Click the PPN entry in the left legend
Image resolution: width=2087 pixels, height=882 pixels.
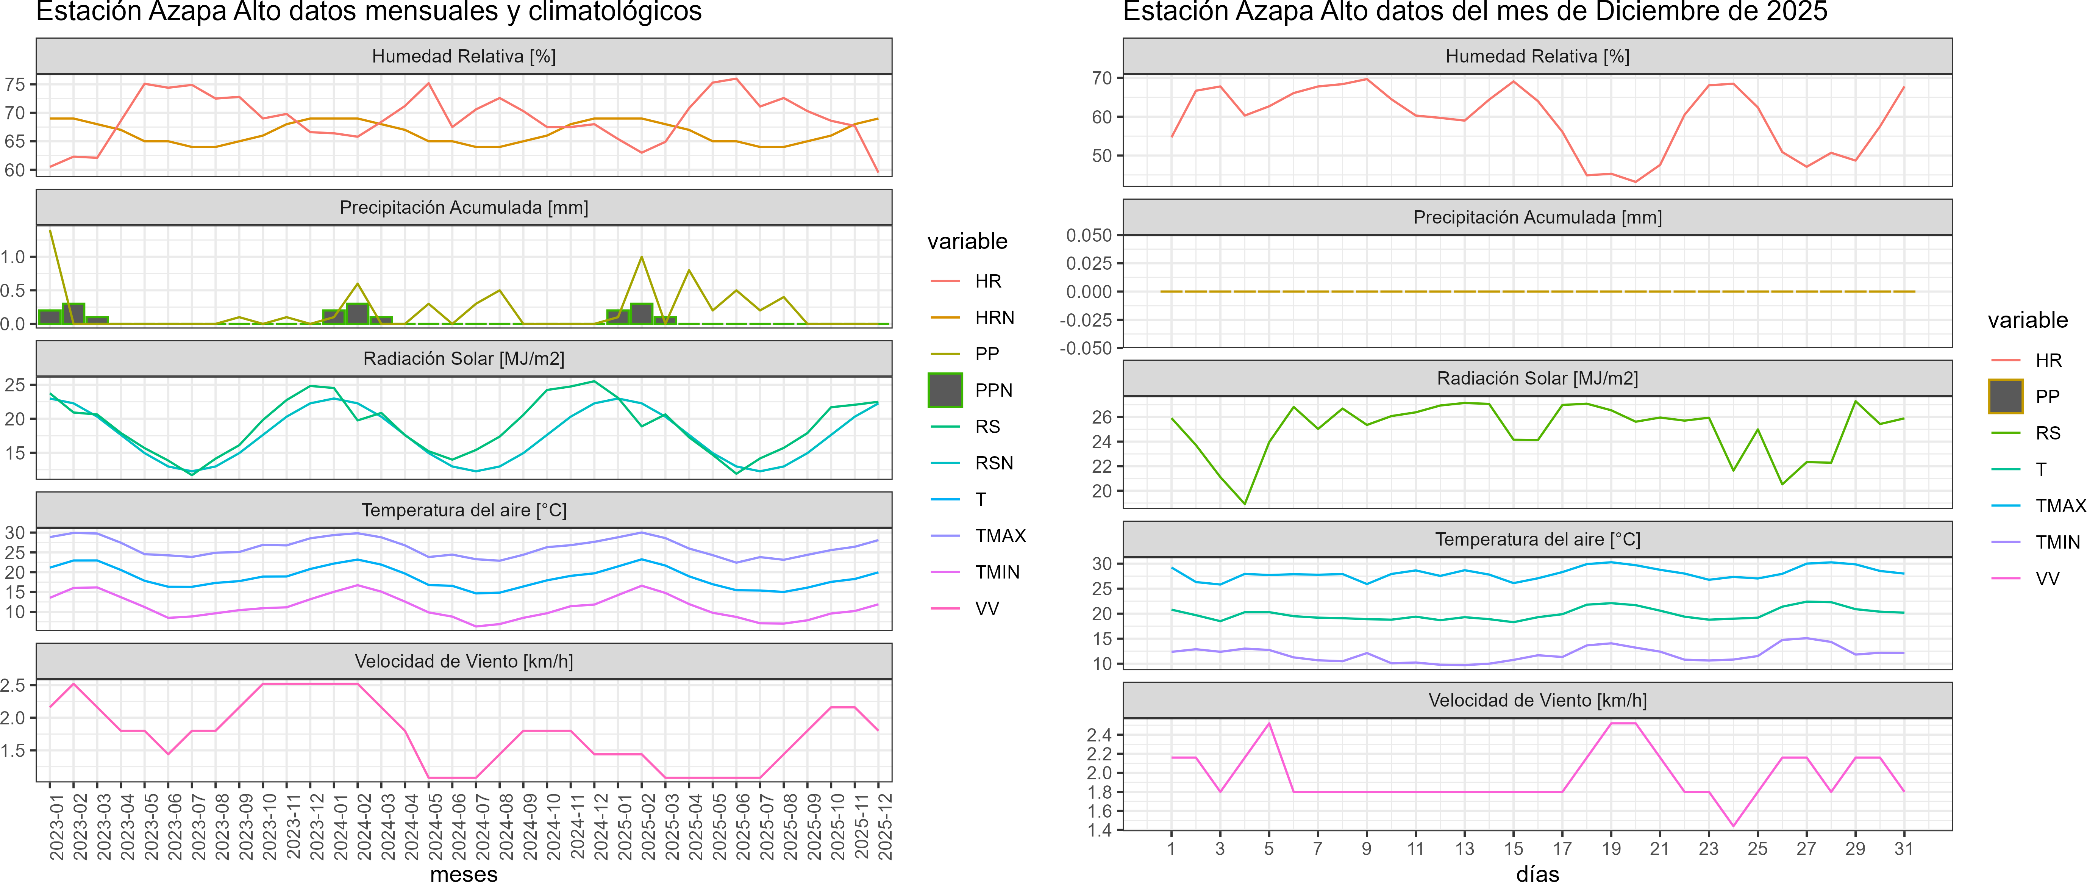pyautogui.click(x=993, y=390)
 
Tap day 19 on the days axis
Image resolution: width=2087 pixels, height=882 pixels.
pyautogui.click(x=1611, y=849)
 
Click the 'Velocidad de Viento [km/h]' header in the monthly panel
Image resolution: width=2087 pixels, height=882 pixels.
pyautogui.click(x=463, y=661)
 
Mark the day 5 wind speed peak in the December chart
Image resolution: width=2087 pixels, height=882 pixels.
pyautogui.click(x=1269, y=723)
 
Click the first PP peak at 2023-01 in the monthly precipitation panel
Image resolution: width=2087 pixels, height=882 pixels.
pyautogui.click(x=50, y=231)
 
